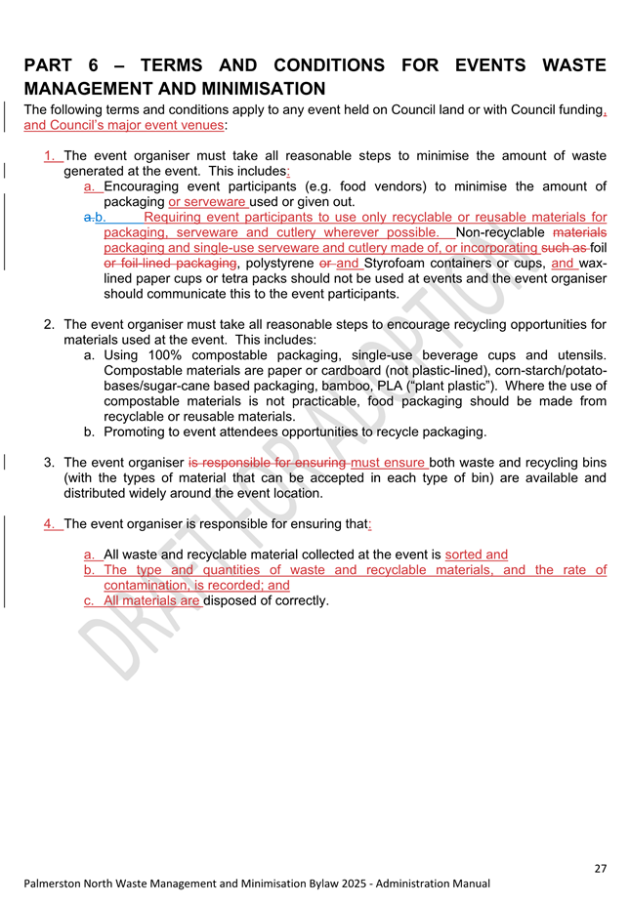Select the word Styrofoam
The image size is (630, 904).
399,263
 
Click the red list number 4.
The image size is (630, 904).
50,523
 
